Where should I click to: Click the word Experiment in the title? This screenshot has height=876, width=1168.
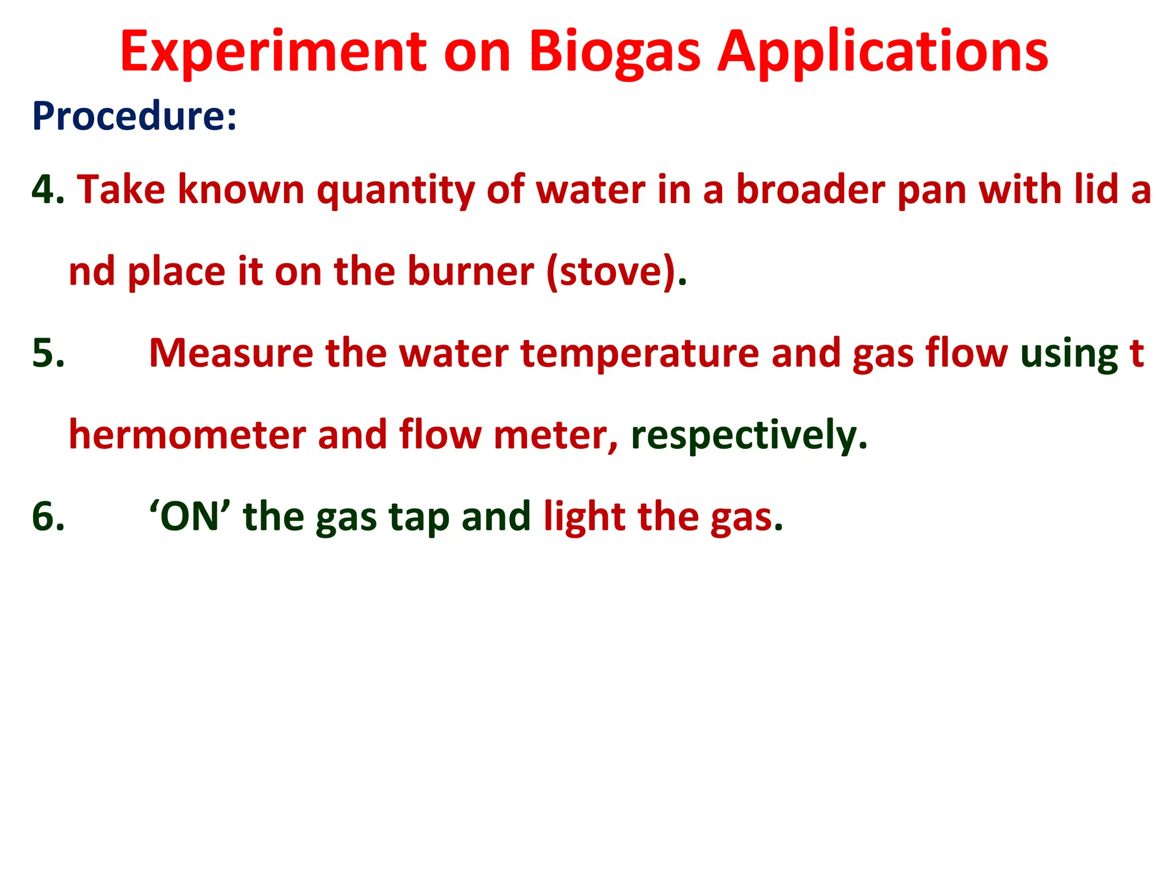(x=273, y=52)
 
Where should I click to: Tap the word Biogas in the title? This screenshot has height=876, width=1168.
(x=614, y=52)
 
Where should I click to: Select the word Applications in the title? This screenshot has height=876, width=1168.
(x=882, y=52)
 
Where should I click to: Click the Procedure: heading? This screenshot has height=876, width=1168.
(x=134, y=116)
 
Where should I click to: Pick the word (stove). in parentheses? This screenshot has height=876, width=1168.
(x=617, y=272)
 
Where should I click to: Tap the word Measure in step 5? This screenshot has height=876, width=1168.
(x=230, y=353)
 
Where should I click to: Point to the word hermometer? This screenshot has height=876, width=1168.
(x=186, y=435)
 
